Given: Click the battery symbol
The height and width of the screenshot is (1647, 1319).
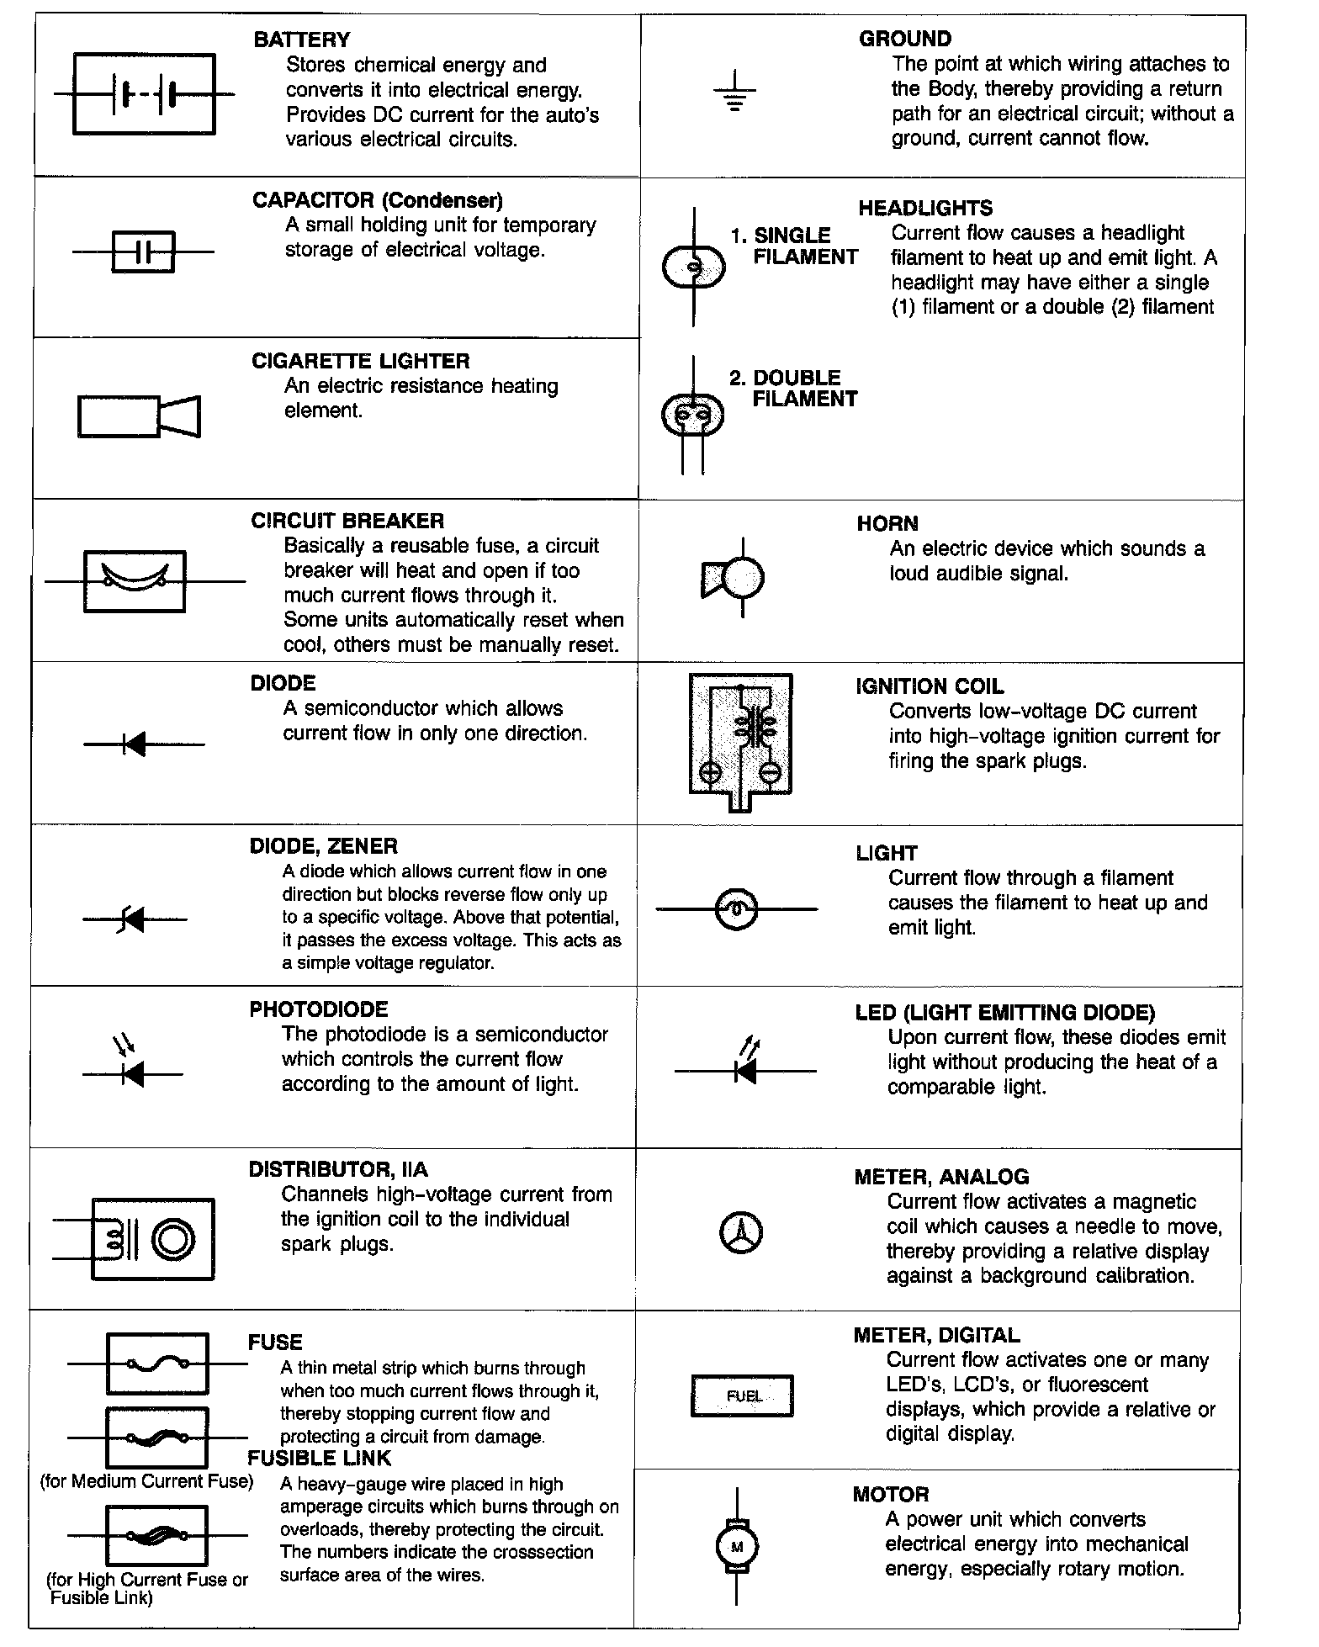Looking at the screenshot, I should (x=144, y=94).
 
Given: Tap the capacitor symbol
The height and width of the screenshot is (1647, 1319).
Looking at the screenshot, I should (x=143, y=252).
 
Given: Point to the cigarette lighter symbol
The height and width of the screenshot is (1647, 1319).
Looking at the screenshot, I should (x=139, y=416).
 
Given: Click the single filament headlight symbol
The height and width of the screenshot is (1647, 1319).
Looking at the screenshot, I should (x=693, y=267).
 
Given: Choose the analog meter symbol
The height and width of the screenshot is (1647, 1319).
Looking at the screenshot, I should (x=741, y=1233).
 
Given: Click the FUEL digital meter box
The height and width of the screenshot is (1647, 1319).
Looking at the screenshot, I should (x=742, y=1395).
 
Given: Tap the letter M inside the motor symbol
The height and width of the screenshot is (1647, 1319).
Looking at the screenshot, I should (x=737, y=1546).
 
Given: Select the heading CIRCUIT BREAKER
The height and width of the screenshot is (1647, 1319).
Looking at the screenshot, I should (x=347, y=521).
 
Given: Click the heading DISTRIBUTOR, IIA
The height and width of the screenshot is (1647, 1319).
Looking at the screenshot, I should (x=338, y=1169).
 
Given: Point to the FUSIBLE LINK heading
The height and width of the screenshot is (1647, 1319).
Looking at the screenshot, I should (x=320, y=1458).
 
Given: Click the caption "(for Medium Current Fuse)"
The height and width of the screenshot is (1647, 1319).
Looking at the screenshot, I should (x=146, y=1481).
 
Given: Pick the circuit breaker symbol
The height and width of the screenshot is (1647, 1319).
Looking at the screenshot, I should (x=135, y=580).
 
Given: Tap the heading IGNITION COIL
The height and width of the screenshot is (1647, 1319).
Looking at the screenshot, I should (x=930, y=686).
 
